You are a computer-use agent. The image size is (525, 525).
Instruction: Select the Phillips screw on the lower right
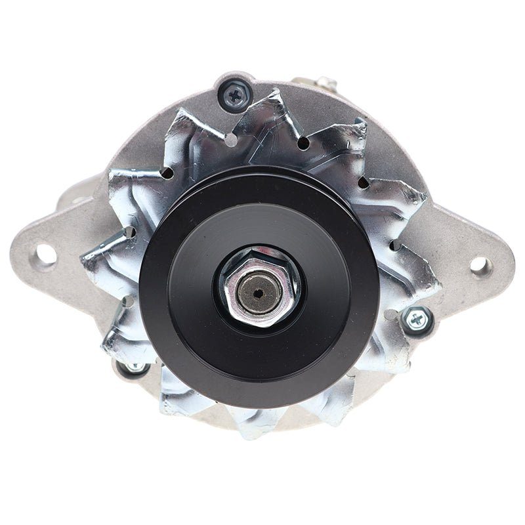[417, 320]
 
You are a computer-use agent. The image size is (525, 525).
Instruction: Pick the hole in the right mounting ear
[480, 265]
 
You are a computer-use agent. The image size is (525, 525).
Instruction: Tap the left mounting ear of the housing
[56, 249]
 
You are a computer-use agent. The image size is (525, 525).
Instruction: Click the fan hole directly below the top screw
[232, 140]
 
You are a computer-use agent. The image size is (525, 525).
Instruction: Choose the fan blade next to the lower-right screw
[400, 348]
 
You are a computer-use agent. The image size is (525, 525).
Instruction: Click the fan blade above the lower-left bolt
[121, 328]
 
